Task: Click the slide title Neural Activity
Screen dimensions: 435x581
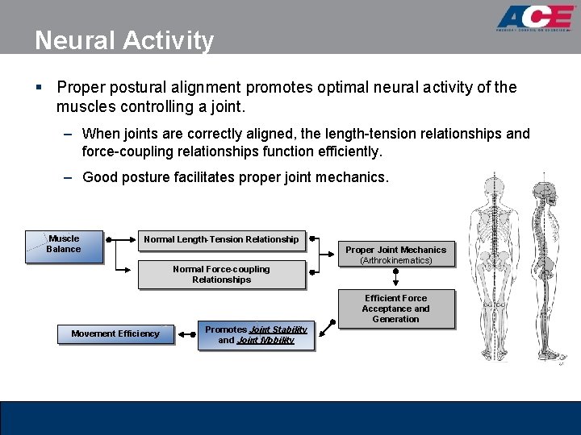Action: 124,39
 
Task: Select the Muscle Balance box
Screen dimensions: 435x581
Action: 64,245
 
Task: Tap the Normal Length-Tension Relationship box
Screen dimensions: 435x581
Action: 221,239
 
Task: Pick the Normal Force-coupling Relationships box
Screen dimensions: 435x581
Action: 221,275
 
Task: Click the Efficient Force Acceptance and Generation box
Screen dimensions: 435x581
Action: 395,309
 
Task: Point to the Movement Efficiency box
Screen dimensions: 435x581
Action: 115,333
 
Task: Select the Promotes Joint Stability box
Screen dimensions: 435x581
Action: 256,335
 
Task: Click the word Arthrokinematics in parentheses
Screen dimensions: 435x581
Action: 396,261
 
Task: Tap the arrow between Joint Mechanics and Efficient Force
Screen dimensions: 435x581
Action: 395,278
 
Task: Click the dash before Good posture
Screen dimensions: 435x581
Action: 70,177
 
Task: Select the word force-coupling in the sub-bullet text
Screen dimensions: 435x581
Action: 122,151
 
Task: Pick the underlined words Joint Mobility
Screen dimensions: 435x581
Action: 265,341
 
